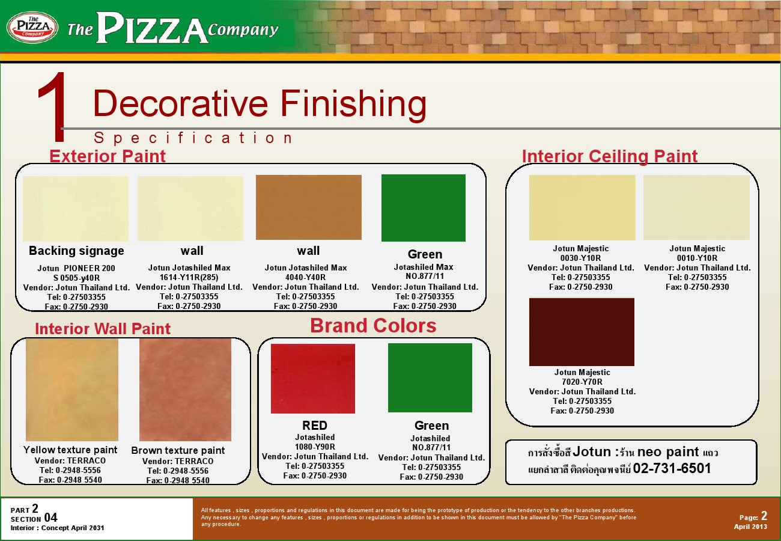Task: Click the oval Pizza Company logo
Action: click(32, 27)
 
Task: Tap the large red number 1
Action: click(52, 107)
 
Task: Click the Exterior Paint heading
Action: click(108, 156)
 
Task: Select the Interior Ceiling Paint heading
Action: click(609, 156)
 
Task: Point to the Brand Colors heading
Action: click(373, 325)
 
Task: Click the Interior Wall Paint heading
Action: click(103, 329)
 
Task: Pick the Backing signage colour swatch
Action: click(76, 209)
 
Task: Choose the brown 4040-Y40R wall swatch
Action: click(309, 207)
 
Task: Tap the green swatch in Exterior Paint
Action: click(424, 208)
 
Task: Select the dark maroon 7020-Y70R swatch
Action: click(582, 332)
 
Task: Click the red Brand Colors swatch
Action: click(313, 379)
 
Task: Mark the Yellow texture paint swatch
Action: click(72, 390)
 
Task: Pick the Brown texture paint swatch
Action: click(185, 390)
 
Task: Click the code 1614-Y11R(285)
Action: click(189, 277)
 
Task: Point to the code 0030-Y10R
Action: click(580, 258)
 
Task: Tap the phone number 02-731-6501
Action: click(672, 468)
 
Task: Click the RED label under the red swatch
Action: click(314, 426)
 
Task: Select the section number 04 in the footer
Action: click(50, 518)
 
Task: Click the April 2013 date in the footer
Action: click(750, 527)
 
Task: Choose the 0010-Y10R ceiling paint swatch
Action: click(696, 207)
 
